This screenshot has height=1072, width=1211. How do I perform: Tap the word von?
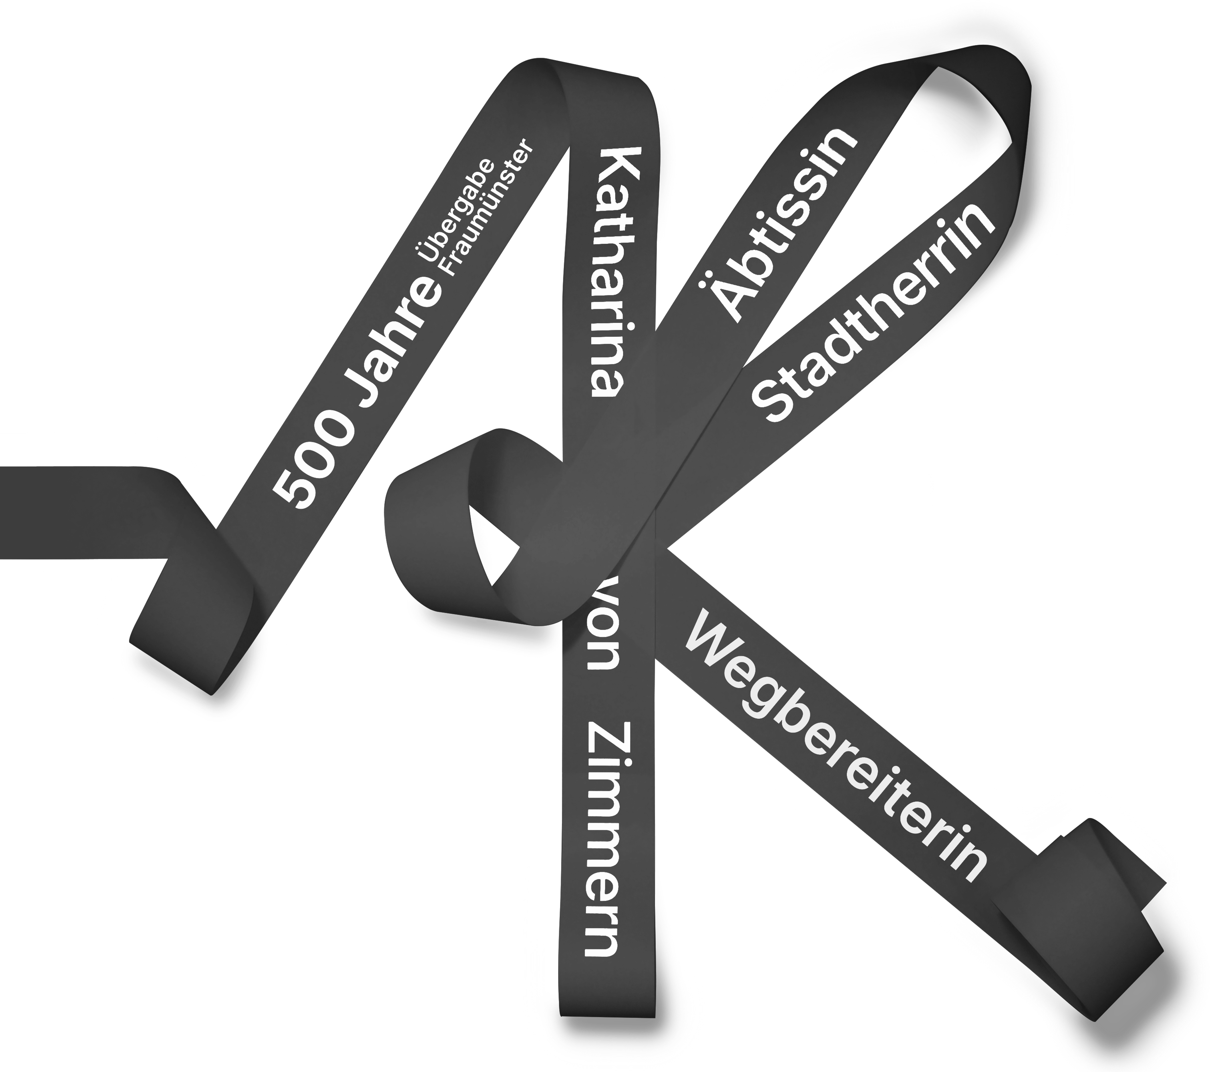(603, 643)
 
